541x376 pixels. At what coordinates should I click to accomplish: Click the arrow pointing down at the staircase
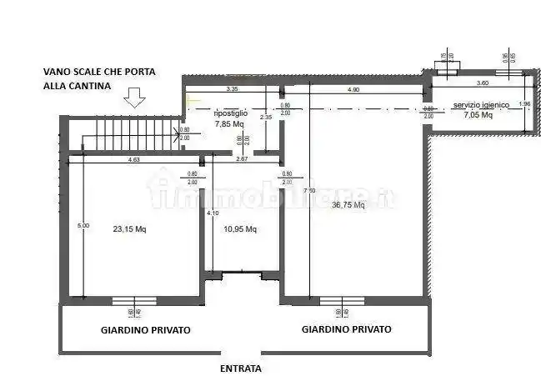[x=134, y=99]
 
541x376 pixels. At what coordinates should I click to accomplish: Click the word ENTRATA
[x=241, y=368]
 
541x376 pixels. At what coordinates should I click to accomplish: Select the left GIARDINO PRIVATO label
[x=146, y=330]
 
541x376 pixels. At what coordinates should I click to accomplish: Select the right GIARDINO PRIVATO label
[x=347, y=329]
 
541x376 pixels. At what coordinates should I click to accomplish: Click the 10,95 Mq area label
[x=240, y=229]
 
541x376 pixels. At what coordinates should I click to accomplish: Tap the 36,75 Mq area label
[x=348, y=205]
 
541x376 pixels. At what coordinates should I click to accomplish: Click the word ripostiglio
[x=229, y=113]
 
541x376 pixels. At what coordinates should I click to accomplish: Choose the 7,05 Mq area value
[x=478, y=116]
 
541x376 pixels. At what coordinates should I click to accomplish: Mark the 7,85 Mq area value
[x=228, y=123]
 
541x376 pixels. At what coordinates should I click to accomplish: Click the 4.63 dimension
[x=133, y=159]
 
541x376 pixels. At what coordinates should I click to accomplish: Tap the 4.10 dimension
[x=212, y=213]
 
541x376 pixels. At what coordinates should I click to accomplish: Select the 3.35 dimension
[x=233, y=88]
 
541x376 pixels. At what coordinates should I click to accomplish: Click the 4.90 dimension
[x=353, y=88]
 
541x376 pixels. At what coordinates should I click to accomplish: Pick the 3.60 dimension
[x=483, y=83]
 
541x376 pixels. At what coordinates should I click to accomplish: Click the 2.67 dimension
[x=243, y=159]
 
